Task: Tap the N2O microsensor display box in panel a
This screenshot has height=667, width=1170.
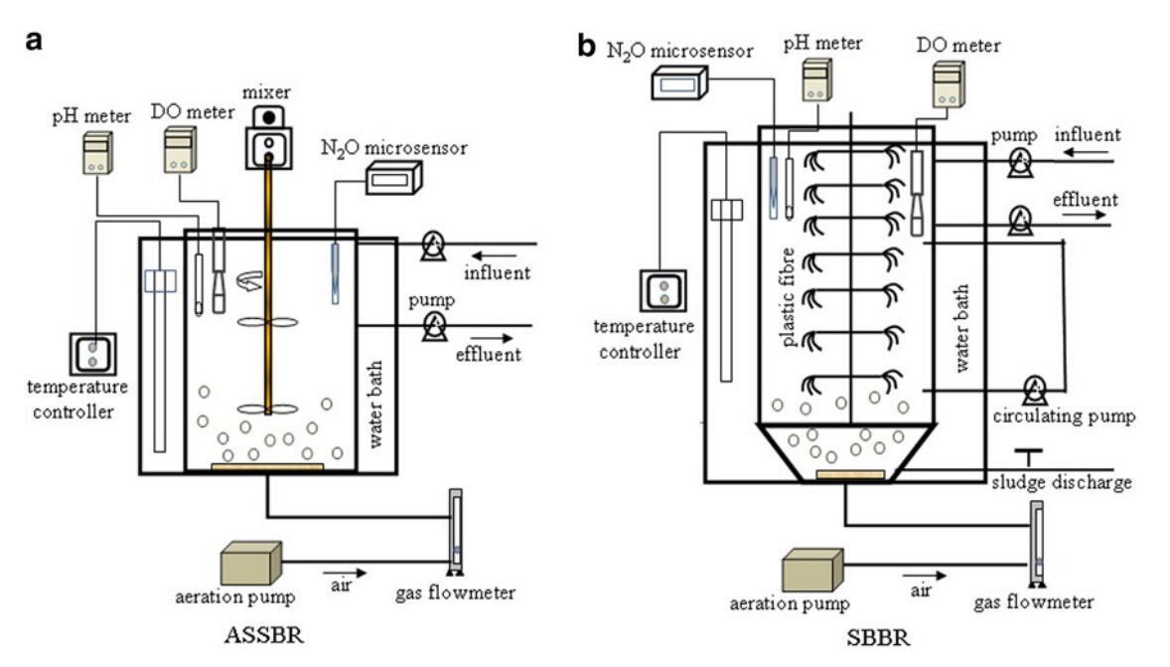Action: click(x=393, y=178)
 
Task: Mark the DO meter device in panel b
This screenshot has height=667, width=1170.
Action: click(x=948, y=83)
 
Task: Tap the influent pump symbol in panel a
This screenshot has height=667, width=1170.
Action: click(x=432, y=244)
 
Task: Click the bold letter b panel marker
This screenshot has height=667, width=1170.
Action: click(x=588, y=46)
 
